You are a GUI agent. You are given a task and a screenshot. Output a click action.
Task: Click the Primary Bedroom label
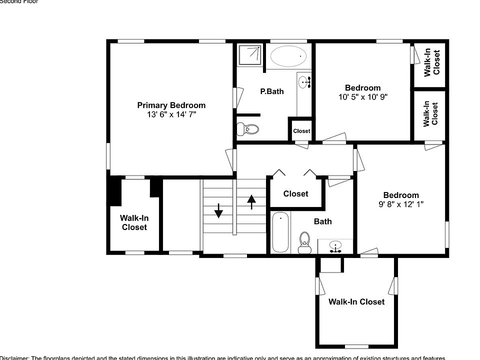pos(171,105)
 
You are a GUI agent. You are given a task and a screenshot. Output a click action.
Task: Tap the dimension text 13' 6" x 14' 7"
pos(171,114)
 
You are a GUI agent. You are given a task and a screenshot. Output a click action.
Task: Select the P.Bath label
pos(272,91)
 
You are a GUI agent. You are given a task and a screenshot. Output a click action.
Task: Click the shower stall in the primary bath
pos(249,55)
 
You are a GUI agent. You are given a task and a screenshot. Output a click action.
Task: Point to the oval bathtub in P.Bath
pos(289,56)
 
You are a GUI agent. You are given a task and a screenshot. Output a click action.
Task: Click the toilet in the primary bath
pos(249,129)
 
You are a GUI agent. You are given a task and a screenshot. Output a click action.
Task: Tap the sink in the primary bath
pos(304,81)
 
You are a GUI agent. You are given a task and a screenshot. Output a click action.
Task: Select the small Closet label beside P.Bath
pos(301,131)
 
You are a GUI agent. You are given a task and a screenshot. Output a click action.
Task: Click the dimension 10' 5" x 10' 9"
pos(362,97)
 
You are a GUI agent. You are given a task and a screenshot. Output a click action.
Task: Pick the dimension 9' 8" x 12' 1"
pos(400,204)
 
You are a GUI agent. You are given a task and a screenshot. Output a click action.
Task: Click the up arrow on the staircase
pos(251,201)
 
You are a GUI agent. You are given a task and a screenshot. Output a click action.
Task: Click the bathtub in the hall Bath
pos(280,232)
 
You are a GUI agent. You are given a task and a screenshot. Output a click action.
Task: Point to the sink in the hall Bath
pos(336,245)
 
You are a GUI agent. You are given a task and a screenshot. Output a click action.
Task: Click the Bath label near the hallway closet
pos(322,221)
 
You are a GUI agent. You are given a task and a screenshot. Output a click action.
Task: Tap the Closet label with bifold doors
pos(295,193)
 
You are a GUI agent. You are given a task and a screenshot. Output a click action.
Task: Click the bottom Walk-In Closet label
pos(356,301)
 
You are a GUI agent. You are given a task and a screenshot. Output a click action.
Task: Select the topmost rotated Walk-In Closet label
pos(432,62)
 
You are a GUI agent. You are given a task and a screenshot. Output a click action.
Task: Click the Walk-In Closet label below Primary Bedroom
pos(134,222)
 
